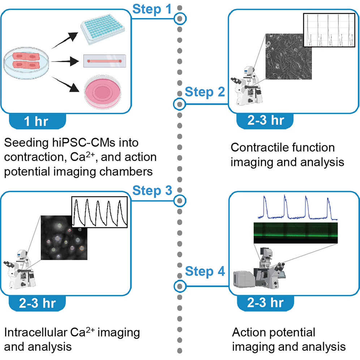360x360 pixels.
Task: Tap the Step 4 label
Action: (205, 271)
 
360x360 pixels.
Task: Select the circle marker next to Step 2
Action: (179, 104)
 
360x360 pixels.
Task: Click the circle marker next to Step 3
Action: (179, 200)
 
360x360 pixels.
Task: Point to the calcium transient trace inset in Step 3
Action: (99, 213)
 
